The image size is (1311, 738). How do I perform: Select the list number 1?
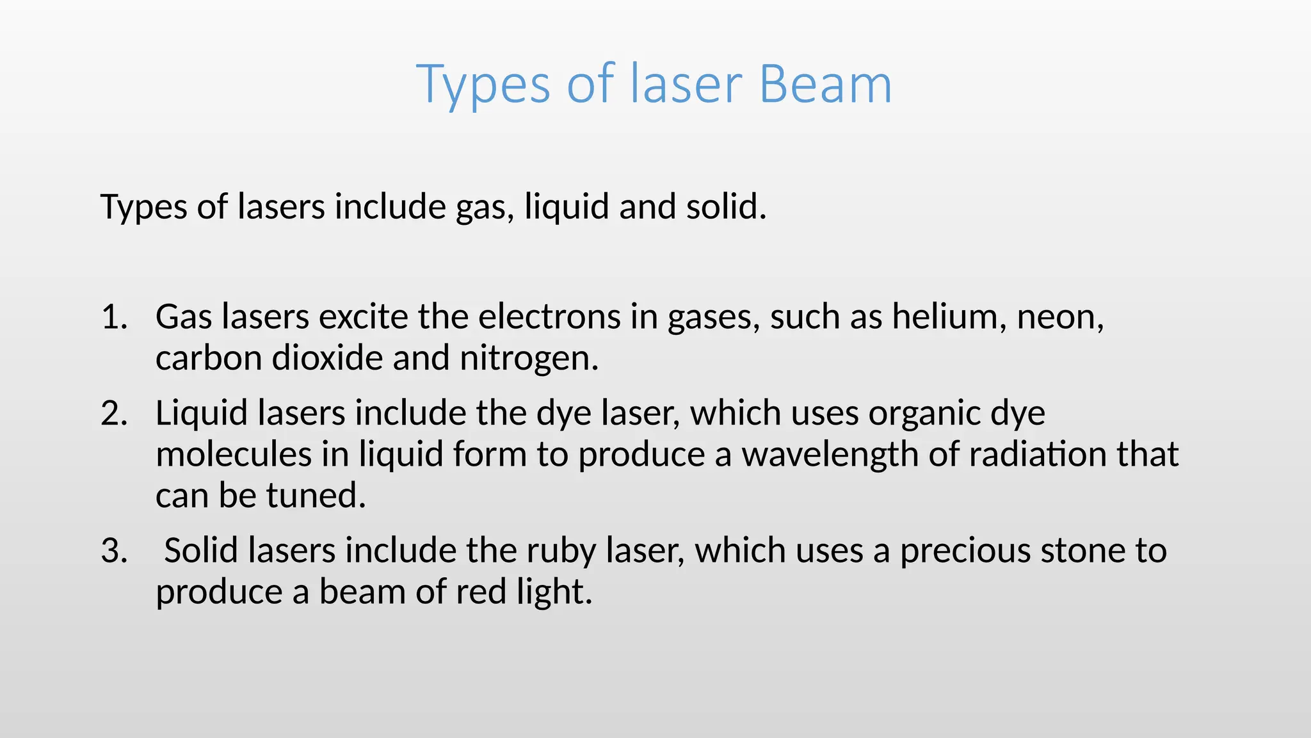[x=114, y=317]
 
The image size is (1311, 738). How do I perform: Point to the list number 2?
[x=114, y=414]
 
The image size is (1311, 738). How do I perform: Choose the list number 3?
[x=114, y=551]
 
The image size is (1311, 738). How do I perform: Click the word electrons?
[x=549, y=317]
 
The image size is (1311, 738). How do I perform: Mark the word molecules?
[x=234, y=454]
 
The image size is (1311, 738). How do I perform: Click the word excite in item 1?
[x=363, y=317]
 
